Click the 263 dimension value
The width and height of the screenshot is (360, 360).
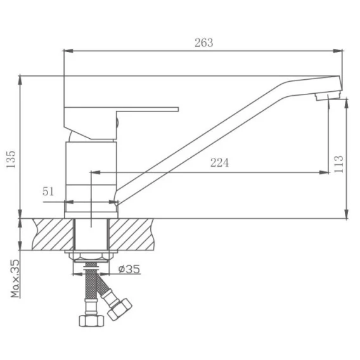coord(204,42)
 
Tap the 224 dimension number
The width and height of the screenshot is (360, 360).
coord(220,163)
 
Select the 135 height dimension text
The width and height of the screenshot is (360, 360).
coord(11,159)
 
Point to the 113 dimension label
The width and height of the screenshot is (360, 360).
coord(339,164)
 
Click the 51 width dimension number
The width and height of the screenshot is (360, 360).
coord(48,191)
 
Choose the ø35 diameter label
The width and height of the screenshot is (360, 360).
coord(129,269)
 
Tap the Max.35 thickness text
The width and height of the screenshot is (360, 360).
coord(15,278)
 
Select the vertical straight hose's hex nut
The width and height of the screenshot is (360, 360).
coord(91,321)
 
